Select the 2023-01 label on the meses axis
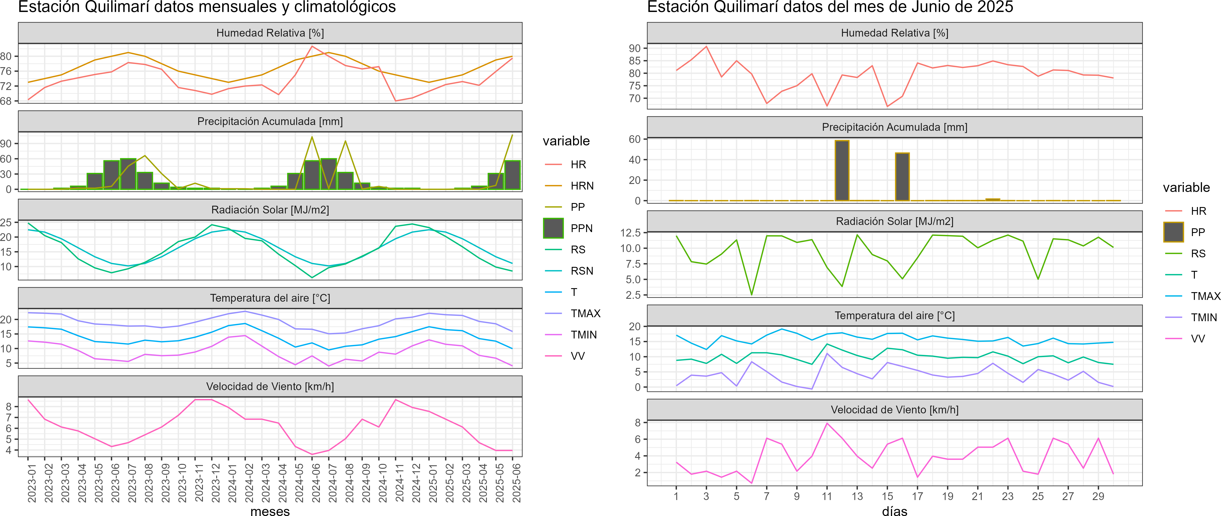pyautogui.click(x=32, y=483)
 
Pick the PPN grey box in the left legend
pyautogui.click(x=553, y=228)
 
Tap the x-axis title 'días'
pyautogui.click(x=894, y=511)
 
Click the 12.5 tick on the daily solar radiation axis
pyautogui.click(x=630, y=232)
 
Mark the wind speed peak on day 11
pyautogui.click(x=827, y=423)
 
